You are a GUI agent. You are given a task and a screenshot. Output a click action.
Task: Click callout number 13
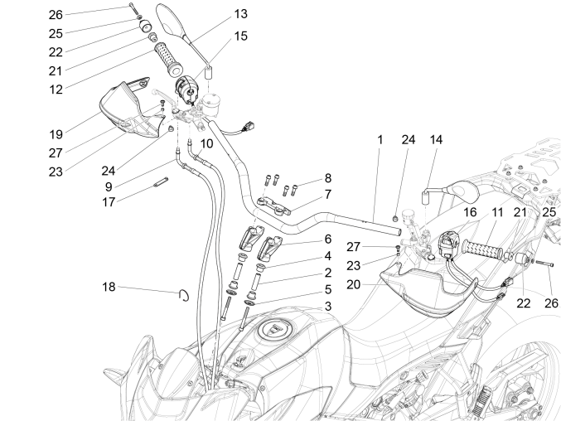click(240, 14)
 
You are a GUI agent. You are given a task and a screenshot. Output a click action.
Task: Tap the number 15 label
click(240, 36)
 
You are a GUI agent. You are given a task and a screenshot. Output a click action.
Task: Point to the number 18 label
click(109, 288)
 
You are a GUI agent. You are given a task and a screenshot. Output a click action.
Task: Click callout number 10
click(206, 143)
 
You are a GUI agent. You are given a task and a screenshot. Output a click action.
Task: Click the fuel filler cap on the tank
click(271, 331)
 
